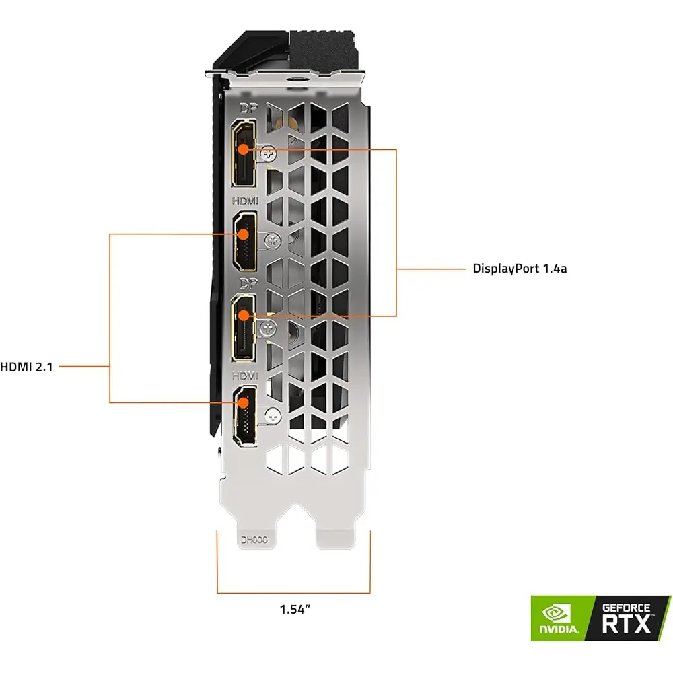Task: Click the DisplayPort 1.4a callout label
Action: point(520,269)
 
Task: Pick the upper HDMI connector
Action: point(245,241)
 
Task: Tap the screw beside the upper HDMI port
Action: point(273,238)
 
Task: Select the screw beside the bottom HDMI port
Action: point(273,416)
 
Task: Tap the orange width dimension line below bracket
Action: point(294,593)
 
